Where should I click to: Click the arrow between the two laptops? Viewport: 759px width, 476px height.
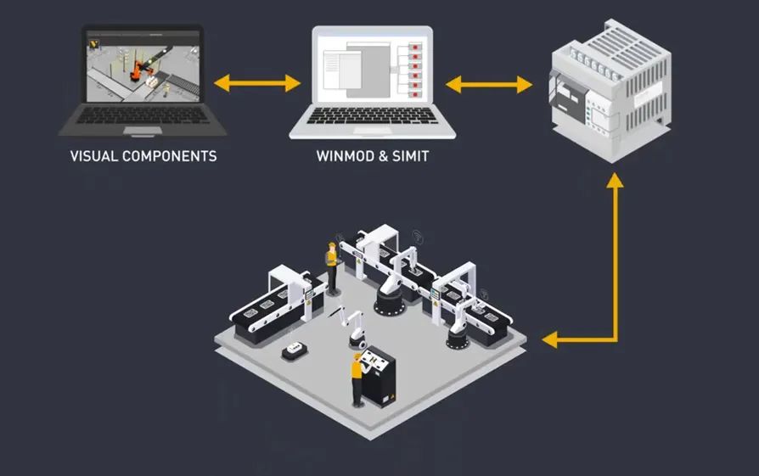tap(257, 83)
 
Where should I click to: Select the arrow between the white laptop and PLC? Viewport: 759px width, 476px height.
tap(489, 84)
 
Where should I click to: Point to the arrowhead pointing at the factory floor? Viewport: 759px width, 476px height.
tap(552, 340)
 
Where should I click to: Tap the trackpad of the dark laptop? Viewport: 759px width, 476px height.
tap(142, 131)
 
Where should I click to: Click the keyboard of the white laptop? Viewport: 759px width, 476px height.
tap(372, 116)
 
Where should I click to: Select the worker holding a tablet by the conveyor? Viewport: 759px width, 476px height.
tap(330, 265)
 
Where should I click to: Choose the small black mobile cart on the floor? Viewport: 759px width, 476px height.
tap(295, 349)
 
